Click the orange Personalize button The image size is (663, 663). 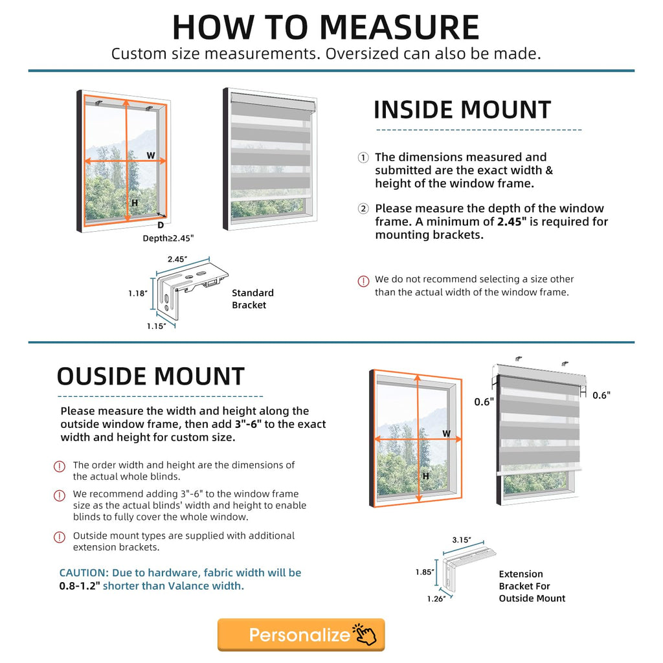point(301,635)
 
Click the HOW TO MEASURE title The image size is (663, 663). point(326,27)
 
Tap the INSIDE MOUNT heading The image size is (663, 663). point(462,110)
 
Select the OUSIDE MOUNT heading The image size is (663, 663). point(150,376)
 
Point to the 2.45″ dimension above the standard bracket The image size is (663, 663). point(177,259)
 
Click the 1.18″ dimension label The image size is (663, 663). point(138,293)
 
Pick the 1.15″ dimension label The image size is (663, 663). point(157,326)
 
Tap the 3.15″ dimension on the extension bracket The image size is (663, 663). point(462,540)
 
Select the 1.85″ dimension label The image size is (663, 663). point(425,572)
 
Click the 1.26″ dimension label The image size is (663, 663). point(436,599)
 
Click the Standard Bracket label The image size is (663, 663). point(253,299)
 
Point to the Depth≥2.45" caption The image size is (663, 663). point(168,238)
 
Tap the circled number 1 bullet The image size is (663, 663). point(363,158)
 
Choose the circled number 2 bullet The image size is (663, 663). point(363,208)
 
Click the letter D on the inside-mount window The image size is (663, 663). point(161,225)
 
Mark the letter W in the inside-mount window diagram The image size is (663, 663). point(151,155)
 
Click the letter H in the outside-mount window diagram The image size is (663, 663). point(426,476)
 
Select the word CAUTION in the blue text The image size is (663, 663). point(84,573)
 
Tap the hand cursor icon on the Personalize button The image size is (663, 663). point(365,635)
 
